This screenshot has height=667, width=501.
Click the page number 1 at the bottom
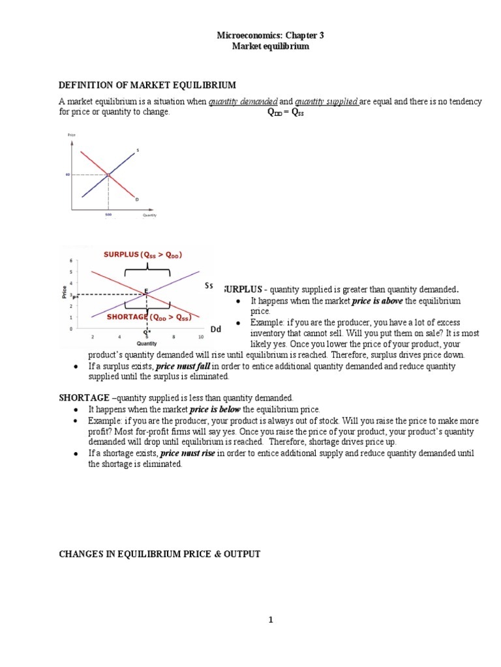[x=271, y=620]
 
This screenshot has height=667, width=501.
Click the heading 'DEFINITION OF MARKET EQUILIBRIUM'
[x=147, y=85]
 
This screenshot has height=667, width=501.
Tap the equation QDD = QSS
[x=286, y=112]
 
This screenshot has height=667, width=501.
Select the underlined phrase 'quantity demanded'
[x=243, y=102]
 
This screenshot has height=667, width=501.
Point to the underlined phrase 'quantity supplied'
[x=326, y=102]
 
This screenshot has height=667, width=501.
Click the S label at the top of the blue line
[x=138, y=150]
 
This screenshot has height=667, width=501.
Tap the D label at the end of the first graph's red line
[x=137, y=199]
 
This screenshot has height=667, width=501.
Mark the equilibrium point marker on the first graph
[x=108, y=175]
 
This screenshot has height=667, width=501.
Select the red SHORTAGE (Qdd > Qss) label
[x=149, y=317]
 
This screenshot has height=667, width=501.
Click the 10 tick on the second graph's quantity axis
[x=200, y=336]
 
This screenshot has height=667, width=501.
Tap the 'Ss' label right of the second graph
[x=209, y=286]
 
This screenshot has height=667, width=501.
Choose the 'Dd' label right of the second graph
[x=215, y=330]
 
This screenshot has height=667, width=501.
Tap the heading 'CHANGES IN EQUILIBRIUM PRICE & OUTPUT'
[x=160, y=554]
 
